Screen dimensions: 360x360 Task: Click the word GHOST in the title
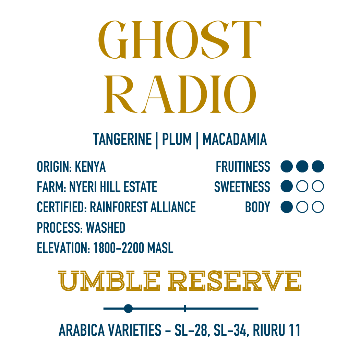(180, 40)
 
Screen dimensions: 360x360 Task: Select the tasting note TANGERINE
(122, 140)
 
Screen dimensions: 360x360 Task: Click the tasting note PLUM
(177, 140)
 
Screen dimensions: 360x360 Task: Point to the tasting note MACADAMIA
(235, 140)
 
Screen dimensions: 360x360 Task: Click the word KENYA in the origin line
(90, 167)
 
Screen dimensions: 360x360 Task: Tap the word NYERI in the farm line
(83, 187)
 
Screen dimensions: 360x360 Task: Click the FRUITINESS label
(243, 167)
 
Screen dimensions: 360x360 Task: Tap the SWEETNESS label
(242, 187)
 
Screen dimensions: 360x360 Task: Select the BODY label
(257, 207)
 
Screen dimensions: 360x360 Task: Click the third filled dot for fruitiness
(318, 167)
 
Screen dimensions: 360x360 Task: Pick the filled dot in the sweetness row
(287, 187)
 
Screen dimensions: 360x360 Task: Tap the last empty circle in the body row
(318, 207)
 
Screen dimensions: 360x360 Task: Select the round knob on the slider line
(128, 309)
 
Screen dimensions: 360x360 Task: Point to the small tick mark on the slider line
(185, 309)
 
